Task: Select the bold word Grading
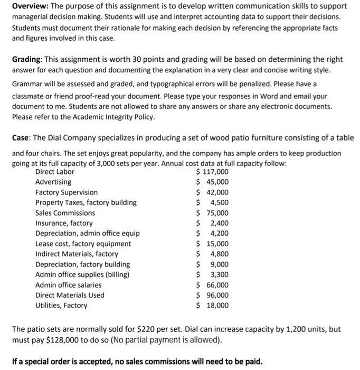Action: [x=27, y=59]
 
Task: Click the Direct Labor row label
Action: [x=55, y=172]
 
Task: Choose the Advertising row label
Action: [x=53, y=182]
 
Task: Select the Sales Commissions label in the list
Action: [x=65, y=213]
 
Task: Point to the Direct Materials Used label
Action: [x=70, y=295]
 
